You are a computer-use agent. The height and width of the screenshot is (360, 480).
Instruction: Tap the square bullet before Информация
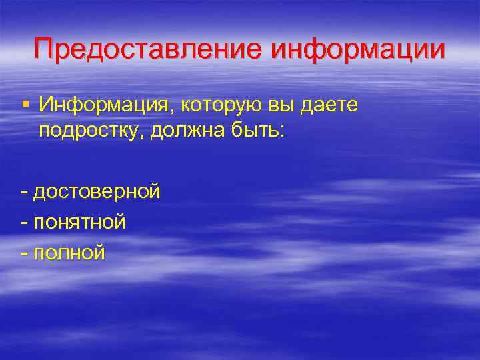pyautogui.click(x=25, y=103)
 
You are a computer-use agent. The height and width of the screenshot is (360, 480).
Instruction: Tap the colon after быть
pyautogui.click(x=281, y=130)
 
